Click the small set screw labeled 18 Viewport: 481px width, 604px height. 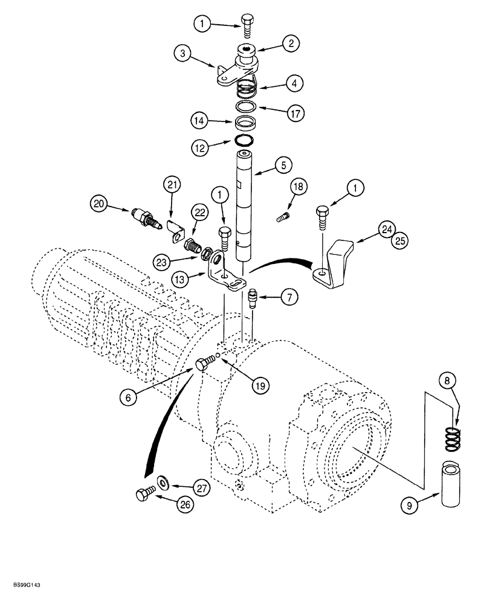click(x=281, y=214)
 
